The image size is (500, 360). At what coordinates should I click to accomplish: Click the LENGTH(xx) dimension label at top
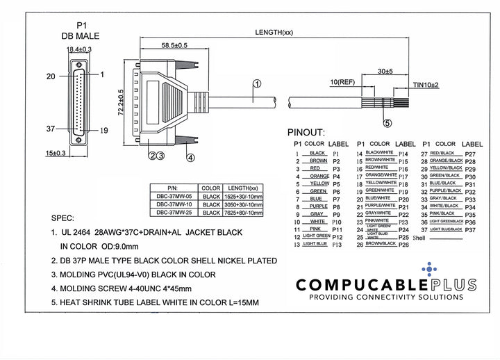tap(274, 33)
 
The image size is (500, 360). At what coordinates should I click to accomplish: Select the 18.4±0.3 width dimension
tap(80, 49)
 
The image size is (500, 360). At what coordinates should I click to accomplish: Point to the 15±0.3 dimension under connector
tap(56, 152)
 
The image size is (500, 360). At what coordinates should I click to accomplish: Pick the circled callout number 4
tap(190, 156)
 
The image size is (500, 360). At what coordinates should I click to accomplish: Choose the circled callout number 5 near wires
tap(387, 123)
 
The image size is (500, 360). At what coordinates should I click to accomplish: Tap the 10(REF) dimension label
tap(344, 83)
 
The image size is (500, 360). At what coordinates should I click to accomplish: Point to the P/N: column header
tap(173, 188)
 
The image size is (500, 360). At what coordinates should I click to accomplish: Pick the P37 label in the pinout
tap(470, 229)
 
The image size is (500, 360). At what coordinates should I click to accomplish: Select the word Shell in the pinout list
tap(418, 237)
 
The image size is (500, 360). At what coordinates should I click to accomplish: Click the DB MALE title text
tap(79, 35)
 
